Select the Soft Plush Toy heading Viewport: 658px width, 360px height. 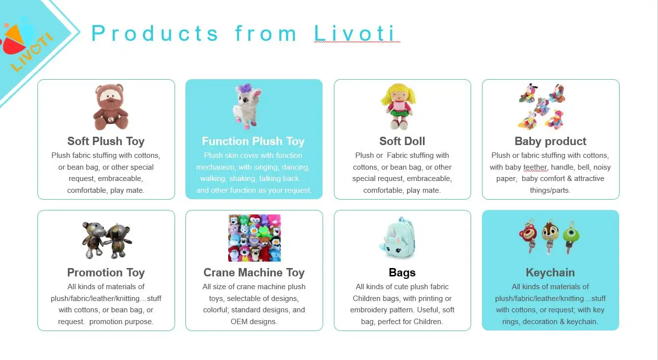(x=106, y=141)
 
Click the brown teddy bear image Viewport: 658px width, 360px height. (x=110, y=107)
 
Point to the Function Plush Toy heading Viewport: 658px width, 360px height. (x=253, y=141)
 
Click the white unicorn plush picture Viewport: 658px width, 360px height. (x=249, y=105)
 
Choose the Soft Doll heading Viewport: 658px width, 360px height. (x=402, y=141)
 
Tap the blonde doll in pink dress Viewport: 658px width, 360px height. (x=398, y=106)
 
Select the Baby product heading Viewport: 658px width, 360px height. (x=550, y=141)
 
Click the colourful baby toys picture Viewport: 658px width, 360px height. (x=541, y=106)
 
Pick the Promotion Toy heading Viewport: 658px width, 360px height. (x=106, y=272)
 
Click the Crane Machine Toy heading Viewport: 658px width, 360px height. (x=254, y=272)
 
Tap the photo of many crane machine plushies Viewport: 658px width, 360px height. (x=254, y=238)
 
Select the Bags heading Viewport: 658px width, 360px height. (x=402, y=272)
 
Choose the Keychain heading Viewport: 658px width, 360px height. (x=550, y=272)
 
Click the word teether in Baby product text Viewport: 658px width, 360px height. (x=535, y=167)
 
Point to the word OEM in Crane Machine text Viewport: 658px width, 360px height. (x=239, y=322)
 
